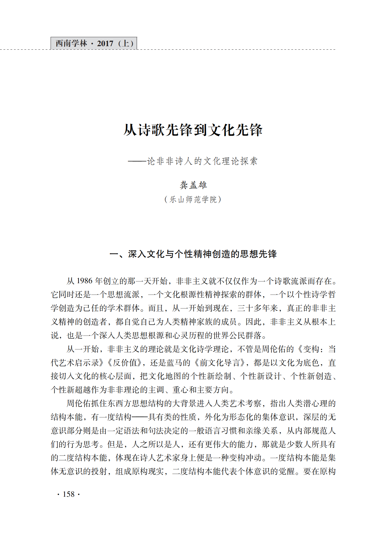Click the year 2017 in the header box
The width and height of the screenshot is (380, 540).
point(105,44)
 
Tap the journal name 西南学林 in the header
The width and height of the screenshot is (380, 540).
point(71,44)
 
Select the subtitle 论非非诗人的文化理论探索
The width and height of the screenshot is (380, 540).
point(202,161)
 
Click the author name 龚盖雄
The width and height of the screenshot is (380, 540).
point(193,185)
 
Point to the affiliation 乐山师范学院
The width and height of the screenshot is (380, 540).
point(193,200)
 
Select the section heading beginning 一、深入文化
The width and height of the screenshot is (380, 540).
point(193,254)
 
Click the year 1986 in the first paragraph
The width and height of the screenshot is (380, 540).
point(84,281)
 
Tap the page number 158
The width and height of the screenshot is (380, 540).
point(69,494)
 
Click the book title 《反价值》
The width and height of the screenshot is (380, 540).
point(124,363)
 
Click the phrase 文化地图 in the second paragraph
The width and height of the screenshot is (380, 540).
point(165,376)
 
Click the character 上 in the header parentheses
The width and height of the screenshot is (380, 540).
point(126,44)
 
